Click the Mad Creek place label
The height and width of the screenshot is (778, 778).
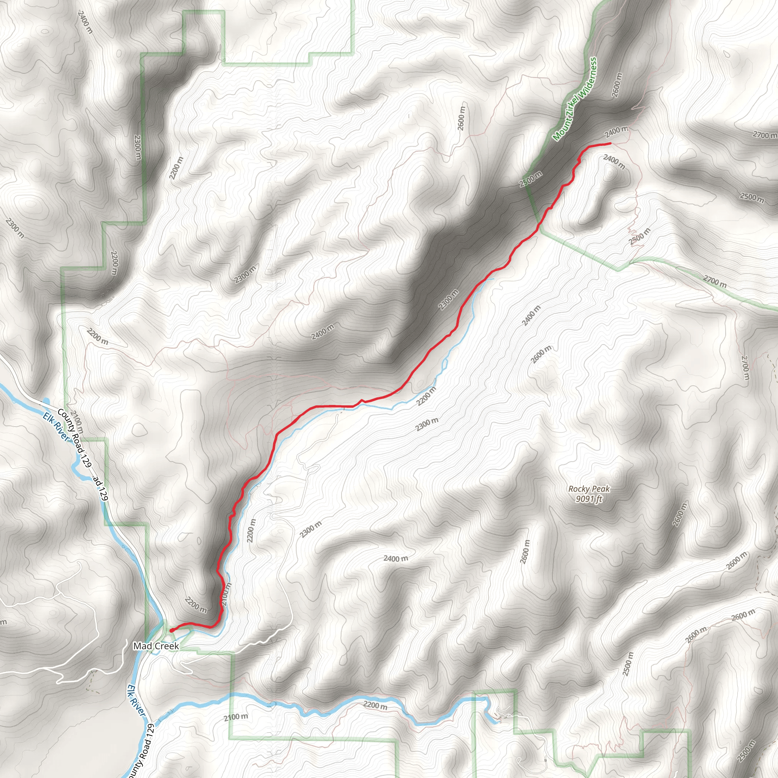(x=156, y=646)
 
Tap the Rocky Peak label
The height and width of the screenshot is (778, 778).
(x=589, y=489)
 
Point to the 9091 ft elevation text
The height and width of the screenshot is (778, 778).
(x=589, y=499)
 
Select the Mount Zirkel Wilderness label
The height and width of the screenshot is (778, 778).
(x=575, y=99)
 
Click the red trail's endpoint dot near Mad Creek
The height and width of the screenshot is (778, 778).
(x=172, y=630)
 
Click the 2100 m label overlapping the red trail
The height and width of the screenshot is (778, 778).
(x=226, y=594)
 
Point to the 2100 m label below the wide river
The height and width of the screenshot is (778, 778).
(x=236, y=717)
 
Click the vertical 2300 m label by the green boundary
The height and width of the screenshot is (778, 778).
(x=137, y=147)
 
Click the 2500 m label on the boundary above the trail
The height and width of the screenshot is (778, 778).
(x=531, y=179)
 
